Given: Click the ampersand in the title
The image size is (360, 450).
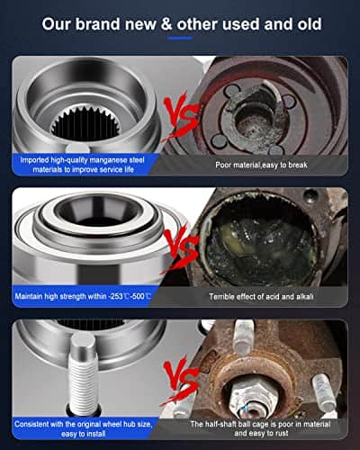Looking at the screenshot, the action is pos(166,24).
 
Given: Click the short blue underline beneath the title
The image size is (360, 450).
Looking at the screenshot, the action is pos(180,38).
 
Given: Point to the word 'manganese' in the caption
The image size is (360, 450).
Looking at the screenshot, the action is pos(109,160).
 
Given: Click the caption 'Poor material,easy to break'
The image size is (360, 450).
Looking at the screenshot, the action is pos(261,165).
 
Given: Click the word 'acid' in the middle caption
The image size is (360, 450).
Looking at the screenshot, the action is pos(274,297).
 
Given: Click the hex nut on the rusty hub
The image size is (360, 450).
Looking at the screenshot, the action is pos(251,395).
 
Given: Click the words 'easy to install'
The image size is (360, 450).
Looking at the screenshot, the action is pos(83,434).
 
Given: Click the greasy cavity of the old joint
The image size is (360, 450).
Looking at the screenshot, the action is pos(259,246).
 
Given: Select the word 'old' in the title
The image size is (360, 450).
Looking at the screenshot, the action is pos(310,24).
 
